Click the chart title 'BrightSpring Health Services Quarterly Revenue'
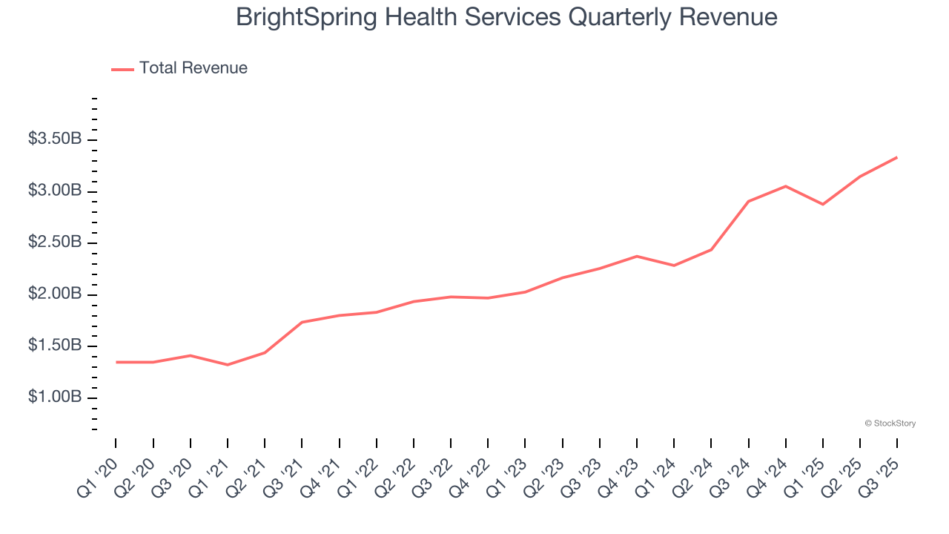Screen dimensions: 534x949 506,17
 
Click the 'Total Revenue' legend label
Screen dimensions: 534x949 193,68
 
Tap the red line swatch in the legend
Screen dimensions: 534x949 122,69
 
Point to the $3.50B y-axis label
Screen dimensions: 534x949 56,139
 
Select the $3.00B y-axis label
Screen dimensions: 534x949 56,191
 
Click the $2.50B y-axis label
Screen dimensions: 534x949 56,243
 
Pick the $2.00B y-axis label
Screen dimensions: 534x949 56,294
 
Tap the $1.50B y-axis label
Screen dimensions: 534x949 56,346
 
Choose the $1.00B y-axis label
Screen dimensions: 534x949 56,398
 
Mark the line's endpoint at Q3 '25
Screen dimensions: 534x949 897,157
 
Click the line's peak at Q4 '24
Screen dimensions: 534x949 785,186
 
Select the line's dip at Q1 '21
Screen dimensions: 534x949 228,365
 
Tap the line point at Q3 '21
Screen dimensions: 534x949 302,322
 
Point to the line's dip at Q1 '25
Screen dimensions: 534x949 823,204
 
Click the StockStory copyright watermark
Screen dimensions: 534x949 890,423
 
